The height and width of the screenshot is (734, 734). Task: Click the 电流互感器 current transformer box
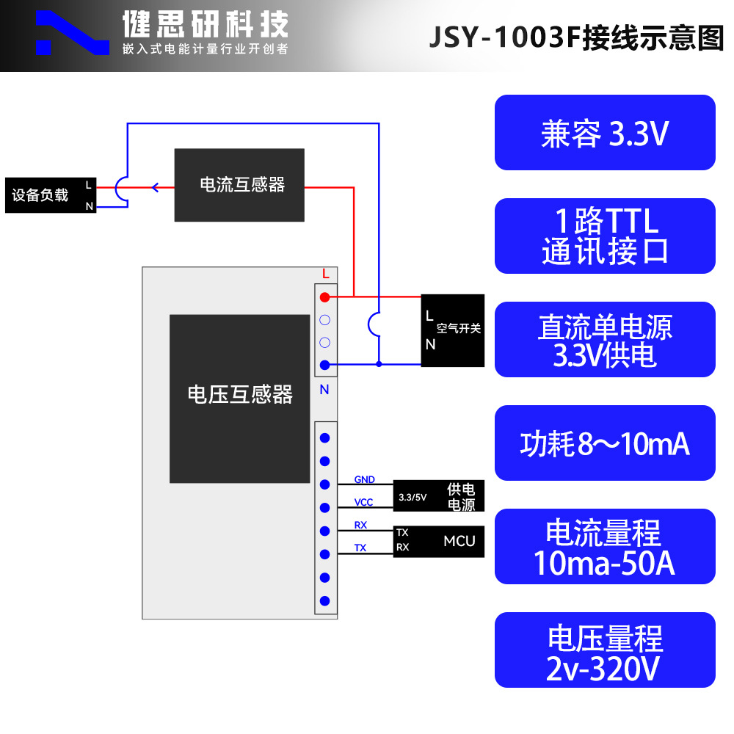pyautogui.click(x=239, y=185)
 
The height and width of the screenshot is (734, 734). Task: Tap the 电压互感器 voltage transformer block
pyautogui.click(x=239, y=399)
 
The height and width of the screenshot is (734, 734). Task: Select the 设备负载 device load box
pyautogui.click(x=51, y=195)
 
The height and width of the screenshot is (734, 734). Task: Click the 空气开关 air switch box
pyautogui.click(x=453, y=330)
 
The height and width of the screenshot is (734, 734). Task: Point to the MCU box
pyautogui.click(x=439, y=542)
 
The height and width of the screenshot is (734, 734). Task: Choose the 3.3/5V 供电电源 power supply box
pyautogui.click(x=439, y=496)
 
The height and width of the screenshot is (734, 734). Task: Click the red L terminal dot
pyautogui.click(x=324, y=297)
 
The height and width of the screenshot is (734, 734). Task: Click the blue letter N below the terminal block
pyautogui.click(x=324, y=390)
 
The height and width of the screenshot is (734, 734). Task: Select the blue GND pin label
pyautogui.click(x=365, y=479)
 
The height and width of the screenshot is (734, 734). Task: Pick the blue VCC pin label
pyautogui.click(x=363, y=502)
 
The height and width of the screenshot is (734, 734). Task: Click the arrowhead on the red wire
pyautogui.click(x=155, y=187)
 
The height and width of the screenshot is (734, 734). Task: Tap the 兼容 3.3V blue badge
pyautogui.click(x=605, y=133)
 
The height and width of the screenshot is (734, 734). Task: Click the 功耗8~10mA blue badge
pyautogui.click(x=605, y=443)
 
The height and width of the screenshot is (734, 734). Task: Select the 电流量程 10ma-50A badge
pyautogui.click(x=605, y=547)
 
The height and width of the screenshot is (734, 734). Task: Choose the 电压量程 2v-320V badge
pyautogui.click(x=605, y=650)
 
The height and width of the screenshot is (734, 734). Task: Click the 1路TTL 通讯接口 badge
pyautogui.click(x=605, y=236)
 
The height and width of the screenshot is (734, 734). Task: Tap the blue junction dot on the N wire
pyautogui.click(x=379, y=363)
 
